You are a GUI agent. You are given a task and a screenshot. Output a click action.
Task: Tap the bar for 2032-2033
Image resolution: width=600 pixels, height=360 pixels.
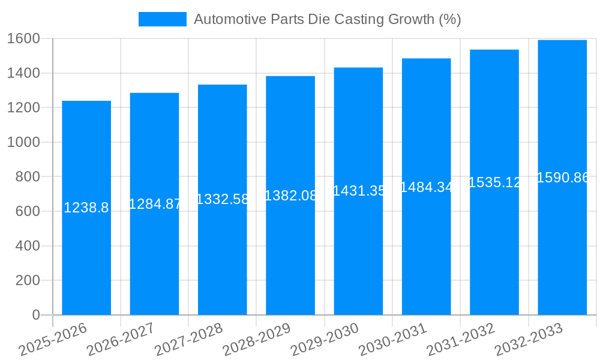[x=562, y=240]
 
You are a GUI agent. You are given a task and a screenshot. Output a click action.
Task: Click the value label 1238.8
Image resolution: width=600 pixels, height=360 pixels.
[x=86, y=208]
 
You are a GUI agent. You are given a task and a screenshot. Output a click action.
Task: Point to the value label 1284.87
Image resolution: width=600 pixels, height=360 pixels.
[x=155, y=204]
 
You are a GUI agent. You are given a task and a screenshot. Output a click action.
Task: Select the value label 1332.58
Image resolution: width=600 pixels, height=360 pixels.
[x=223, y=199]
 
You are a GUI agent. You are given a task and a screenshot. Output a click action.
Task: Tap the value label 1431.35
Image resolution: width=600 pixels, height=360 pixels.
[x=359, y=191]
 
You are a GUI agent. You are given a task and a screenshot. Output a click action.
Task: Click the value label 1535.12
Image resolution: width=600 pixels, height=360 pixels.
[x=494, y=182]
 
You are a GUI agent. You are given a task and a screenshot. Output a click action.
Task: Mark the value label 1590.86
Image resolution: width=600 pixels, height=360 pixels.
[x=562, y=178]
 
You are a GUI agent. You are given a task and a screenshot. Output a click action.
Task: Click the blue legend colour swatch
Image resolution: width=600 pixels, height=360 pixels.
[x=162, y=19]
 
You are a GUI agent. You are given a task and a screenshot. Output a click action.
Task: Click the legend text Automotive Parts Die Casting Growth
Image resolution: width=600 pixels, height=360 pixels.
[x=327, y=19]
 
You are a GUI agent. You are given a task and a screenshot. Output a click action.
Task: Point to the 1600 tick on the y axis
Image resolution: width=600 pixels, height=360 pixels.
[x=23, y=38]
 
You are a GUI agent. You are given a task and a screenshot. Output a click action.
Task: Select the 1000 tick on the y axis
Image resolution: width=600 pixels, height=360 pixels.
[x=23, y=142]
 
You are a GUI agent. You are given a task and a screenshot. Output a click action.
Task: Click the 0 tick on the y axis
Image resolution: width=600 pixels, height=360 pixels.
[x=35, y=315]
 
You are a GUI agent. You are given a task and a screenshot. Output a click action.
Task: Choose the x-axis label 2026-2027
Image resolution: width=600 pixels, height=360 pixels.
[x=121, y=339]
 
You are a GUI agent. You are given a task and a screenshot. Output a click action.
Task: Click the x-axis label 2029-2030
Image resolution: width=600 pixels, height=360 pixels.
[x=325, y=339]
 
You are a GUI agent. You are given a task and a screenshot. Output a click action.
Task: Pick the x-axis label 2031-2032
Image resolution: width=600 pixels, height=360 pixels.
[x=460, y=339]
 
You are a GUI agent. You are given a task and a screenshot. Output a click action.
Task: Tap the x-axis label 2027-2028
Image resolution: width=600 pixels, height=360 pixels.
[x=188, y=339]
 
